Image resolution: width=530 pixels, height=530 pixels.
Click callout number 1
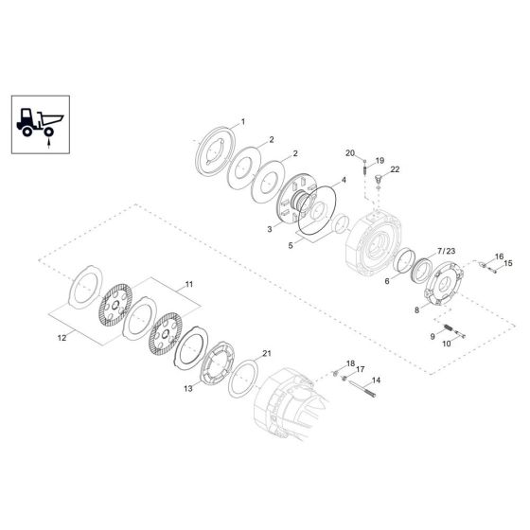(x=242, y=122)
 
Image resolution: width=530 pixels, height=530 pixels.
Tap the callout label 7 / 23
(x=446, y=251)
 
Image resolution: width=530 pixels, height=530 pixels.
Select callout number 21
(x=267, y=354)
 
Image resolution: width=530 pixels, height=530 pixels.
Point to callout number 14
(x=376, y=380)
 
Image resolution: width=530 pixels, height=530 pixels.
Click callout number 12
(x=62, y=338)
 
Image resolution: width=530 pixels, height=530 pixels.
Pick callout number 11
(x=189, y=284)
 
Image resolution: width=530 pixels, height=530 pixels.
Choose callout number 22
(x=395, y=169)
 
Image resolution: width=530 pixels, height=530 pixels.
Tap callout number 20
(x=350, y=153)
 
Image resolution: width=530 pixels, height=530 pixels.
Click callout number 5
(x=291, y=246)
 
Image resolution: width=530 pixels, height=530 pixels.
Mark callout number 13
(x=188, y=389)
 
